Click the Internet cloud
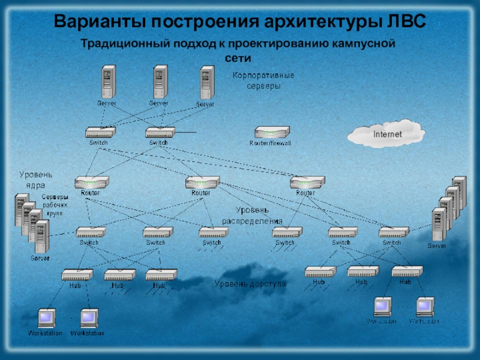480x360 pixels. point(387,134)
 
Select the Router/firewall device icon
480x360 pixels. point(272,133)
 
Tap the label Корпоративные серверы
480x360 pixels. point(263,80)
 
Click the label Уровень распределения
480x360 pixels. point(252,215)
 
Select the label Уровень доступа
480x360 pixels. point(250,283)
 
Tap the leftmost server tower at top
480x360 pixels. point(107,82)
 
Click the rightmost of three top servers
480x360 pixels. point(206,83)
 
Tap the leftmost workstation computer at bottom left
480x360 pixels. point(45,317)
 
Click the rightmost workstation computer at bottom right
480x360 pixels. point(425,306)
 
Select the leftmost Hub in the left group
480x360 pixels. point(77,275)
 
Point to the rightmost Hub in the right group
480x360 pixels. point(406,271)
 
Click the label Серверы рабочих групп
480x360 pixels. point(55,205)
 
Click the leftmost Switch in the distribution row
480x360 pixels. point(91,232)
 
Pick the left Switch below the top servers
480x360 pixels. point(100,133)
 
